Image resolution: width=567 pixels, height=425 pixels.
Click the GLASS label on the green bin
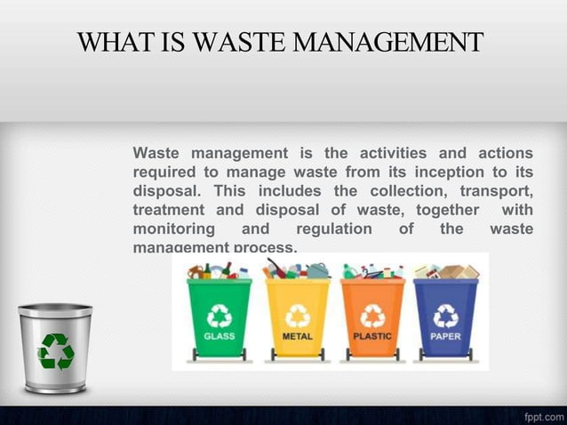coord(220,338)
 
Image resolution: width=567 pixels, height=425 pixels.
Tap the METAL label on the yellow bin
coord(297,338)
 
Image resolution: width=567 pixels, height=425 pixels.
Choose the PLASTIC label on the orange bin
coord(372,338)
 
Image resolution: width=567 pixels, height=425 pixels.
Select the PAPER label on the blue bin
coord(445,338)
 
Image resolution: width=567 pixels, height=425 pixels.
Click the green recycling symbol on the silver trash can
coord(55,350)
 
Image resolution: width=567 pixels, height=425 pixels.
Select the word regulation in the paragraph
coord(333,229)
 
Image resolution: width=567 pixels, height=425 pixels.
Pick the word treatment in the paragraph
coord(168,210)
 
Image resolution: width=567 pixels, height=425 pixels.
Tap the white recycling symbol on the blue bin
coord(445,317)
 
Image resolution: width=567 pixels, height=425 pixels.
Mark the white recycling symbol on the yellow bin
coord(297,317)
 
